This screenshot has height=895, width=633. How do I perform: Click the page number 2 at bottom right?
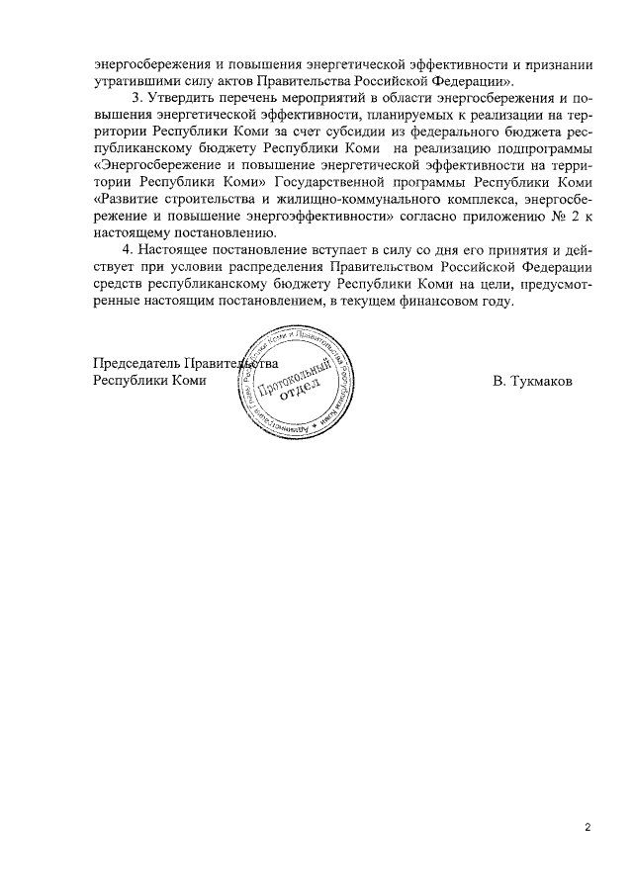click(587, 827)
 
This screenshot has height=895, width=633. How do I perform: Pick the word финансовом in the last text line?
click(425, 305)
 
